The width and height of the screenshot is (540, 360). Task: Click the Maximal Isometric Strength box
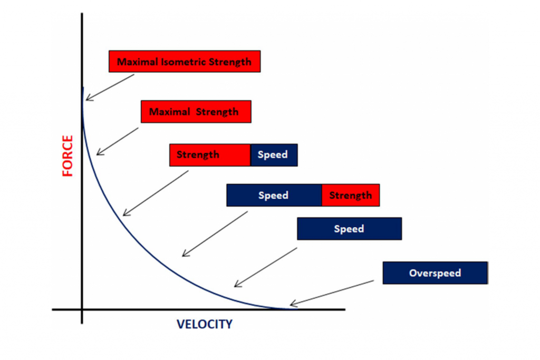pos(184,62)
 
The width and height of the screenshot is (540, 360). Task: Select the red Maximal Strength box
pos(196,112)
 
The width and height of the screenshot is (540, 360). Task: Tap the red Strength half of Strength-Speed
pos(210,155)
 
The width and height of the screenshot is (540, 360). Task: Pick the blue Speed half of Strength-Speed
pos(274,155)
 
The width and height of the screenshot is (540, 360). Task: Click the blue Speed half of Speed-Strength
pos(274,196)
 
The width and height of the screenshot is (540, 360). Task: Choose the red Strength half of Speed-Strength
pos(350,196)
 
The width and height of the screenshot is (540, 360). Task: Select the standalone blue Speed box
pos(349,229)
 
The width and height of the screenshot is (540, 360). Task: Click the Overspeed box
pos(435,273)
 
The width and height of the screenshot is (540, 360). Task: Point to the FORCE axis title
pos(68,155)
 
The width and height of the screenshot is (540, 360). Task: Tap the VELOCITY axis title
pos(204,324)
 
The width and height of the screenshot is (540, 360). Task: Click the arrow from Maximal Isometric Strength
pos(110,87)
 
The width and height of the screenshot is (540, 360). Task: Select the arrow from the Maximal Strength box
pos(117,141)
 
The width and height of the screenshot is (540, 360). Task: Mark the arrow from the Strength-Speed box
pos(155,193)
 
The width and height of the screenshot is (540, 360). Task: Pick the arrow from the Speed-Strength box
pos(214,235)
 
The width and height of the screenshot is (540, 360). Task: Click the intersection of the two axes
pos(82,309)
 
